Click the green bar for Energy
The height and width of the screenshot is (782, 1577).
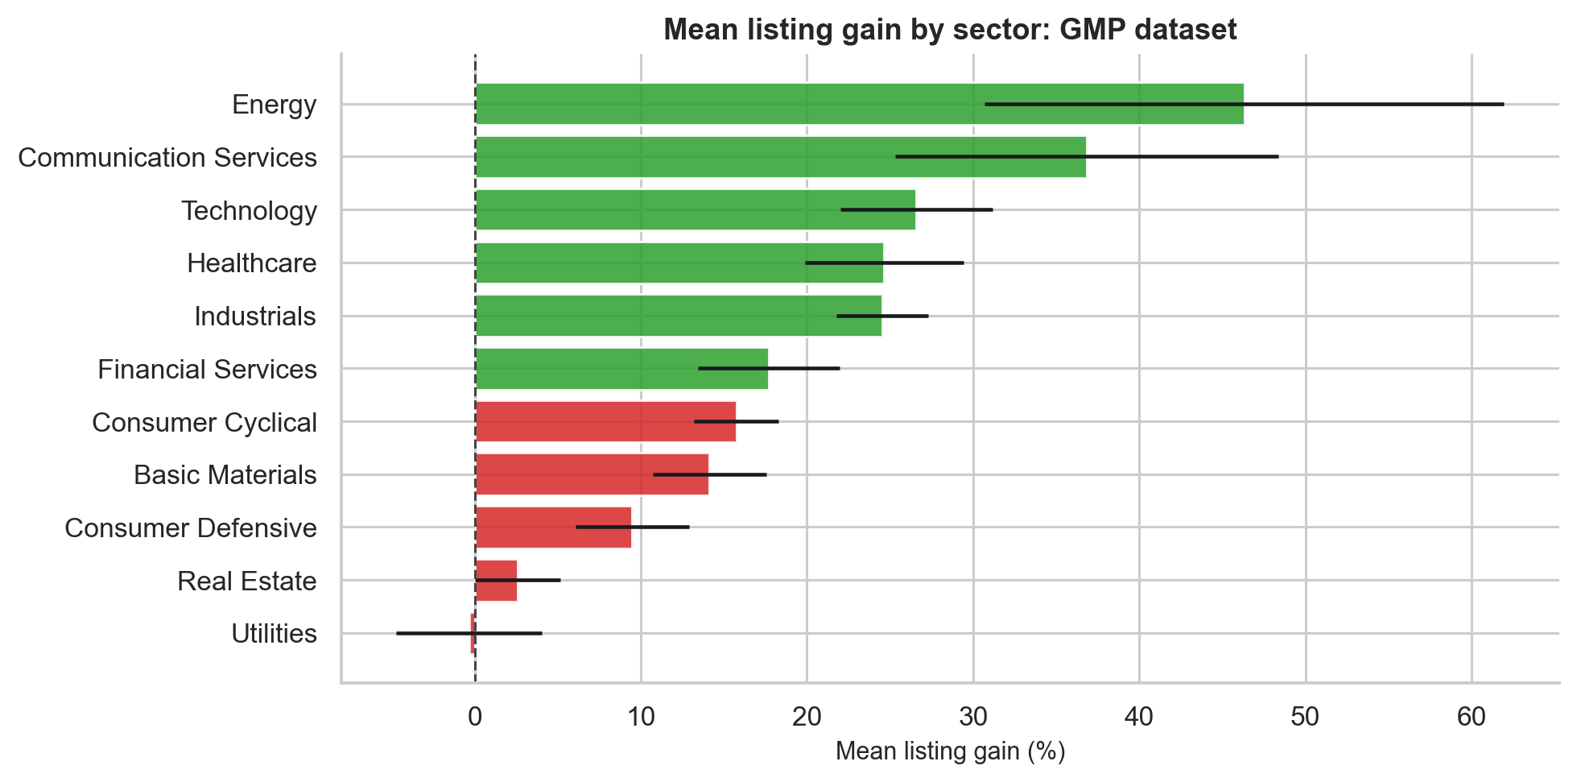tap(859, 104)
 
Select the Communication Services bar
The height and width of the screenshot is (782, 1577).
tap(780, 157)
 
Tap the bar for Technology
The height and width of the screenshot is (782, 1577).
tap(695, 209)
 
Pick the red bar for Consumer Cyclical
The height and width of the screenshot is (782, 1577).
tap(605, 421)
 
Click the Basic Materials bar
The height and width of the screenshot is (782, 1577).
tap(592, 474)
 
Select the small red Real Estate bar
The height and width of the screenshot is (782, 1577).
tap(496, 581)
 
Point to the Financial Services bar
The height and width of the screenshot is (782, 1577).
tap(621, 369)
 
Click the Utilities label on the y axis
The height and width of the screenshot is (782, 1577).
tap(274, 634)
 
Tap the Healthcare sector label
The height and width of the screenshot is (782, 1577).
tap(252, 263)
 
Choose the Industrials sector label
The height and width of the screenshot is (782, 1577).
tap(255, 317)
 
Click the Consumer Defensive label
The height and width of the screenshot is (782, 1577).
tap(191, 528)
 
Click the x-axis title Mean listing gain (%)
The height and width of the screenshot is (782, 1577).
tap(950, 751)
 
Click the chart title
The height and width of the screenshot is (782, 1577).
tap(950, 30)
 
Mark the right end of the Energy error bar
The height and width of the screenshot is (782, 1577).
tap(1504, 104)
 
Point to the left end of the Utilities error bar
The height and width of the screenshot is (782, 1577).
tap(397, 634)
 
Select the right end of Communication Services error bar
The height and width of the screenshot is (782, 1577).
tap(1278, 157)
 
